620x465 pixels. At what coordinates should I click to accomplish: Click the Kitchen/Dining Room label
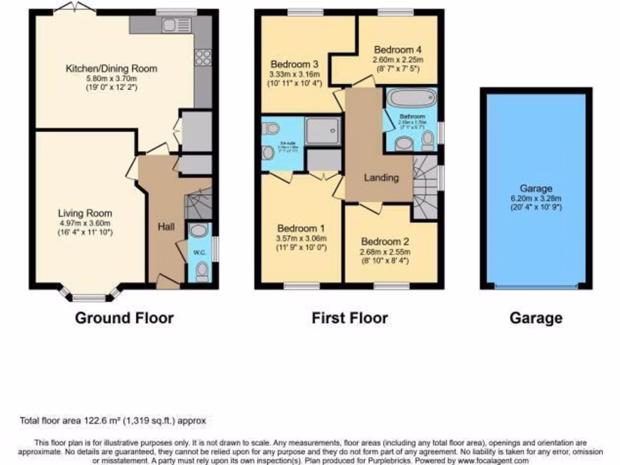111,68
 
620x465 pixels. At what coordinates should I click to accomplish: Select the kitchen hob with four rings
203,58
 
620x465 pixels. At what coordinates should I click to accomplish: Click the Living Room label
85,213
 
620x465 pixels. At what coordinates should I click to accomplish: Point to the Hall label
166,227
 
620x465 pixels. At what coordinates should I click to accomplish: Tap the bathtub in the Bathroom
411,97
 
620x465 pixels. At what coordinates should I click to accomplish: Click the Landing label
381,177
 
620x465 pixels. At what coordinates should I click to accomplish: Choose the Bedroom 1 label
301,228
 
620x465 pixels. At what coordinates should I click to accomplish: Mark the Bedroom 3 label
294,64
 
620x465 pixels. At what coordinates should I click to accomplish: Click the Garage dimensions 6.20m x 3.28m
536,198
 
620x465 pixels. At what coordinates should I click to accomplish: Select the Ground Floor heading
124,318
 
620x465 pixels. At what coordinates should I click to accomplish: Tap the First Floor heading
350,318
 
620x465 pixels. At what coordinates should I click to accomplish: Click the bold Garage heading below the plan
536,318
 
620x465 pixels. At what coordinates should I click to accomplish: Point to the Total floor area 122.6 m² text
116,420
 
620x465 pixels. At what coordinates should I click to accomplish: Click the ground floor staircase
197,203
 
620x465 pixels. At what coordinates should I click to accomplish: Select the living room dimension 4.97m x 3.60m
85,223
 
